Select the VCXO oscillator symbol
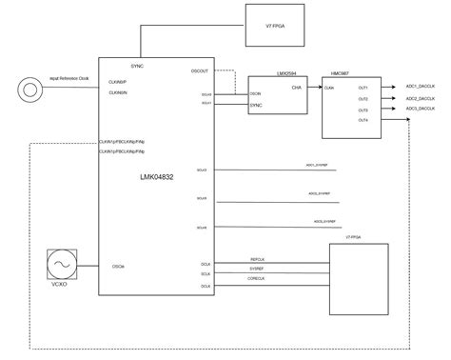point(66,264)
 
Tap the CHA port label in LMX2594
point(296,87)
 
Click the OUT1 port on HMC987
point(363,88)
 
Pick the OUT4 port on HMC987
point(363,120)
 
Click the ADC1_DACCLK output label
point(421,85)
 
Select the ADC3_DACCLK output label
point(421,108)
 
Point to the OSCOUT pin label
point(200,70)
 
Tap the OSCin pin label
point(118,266)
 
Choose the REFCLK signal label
point(257,259)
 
